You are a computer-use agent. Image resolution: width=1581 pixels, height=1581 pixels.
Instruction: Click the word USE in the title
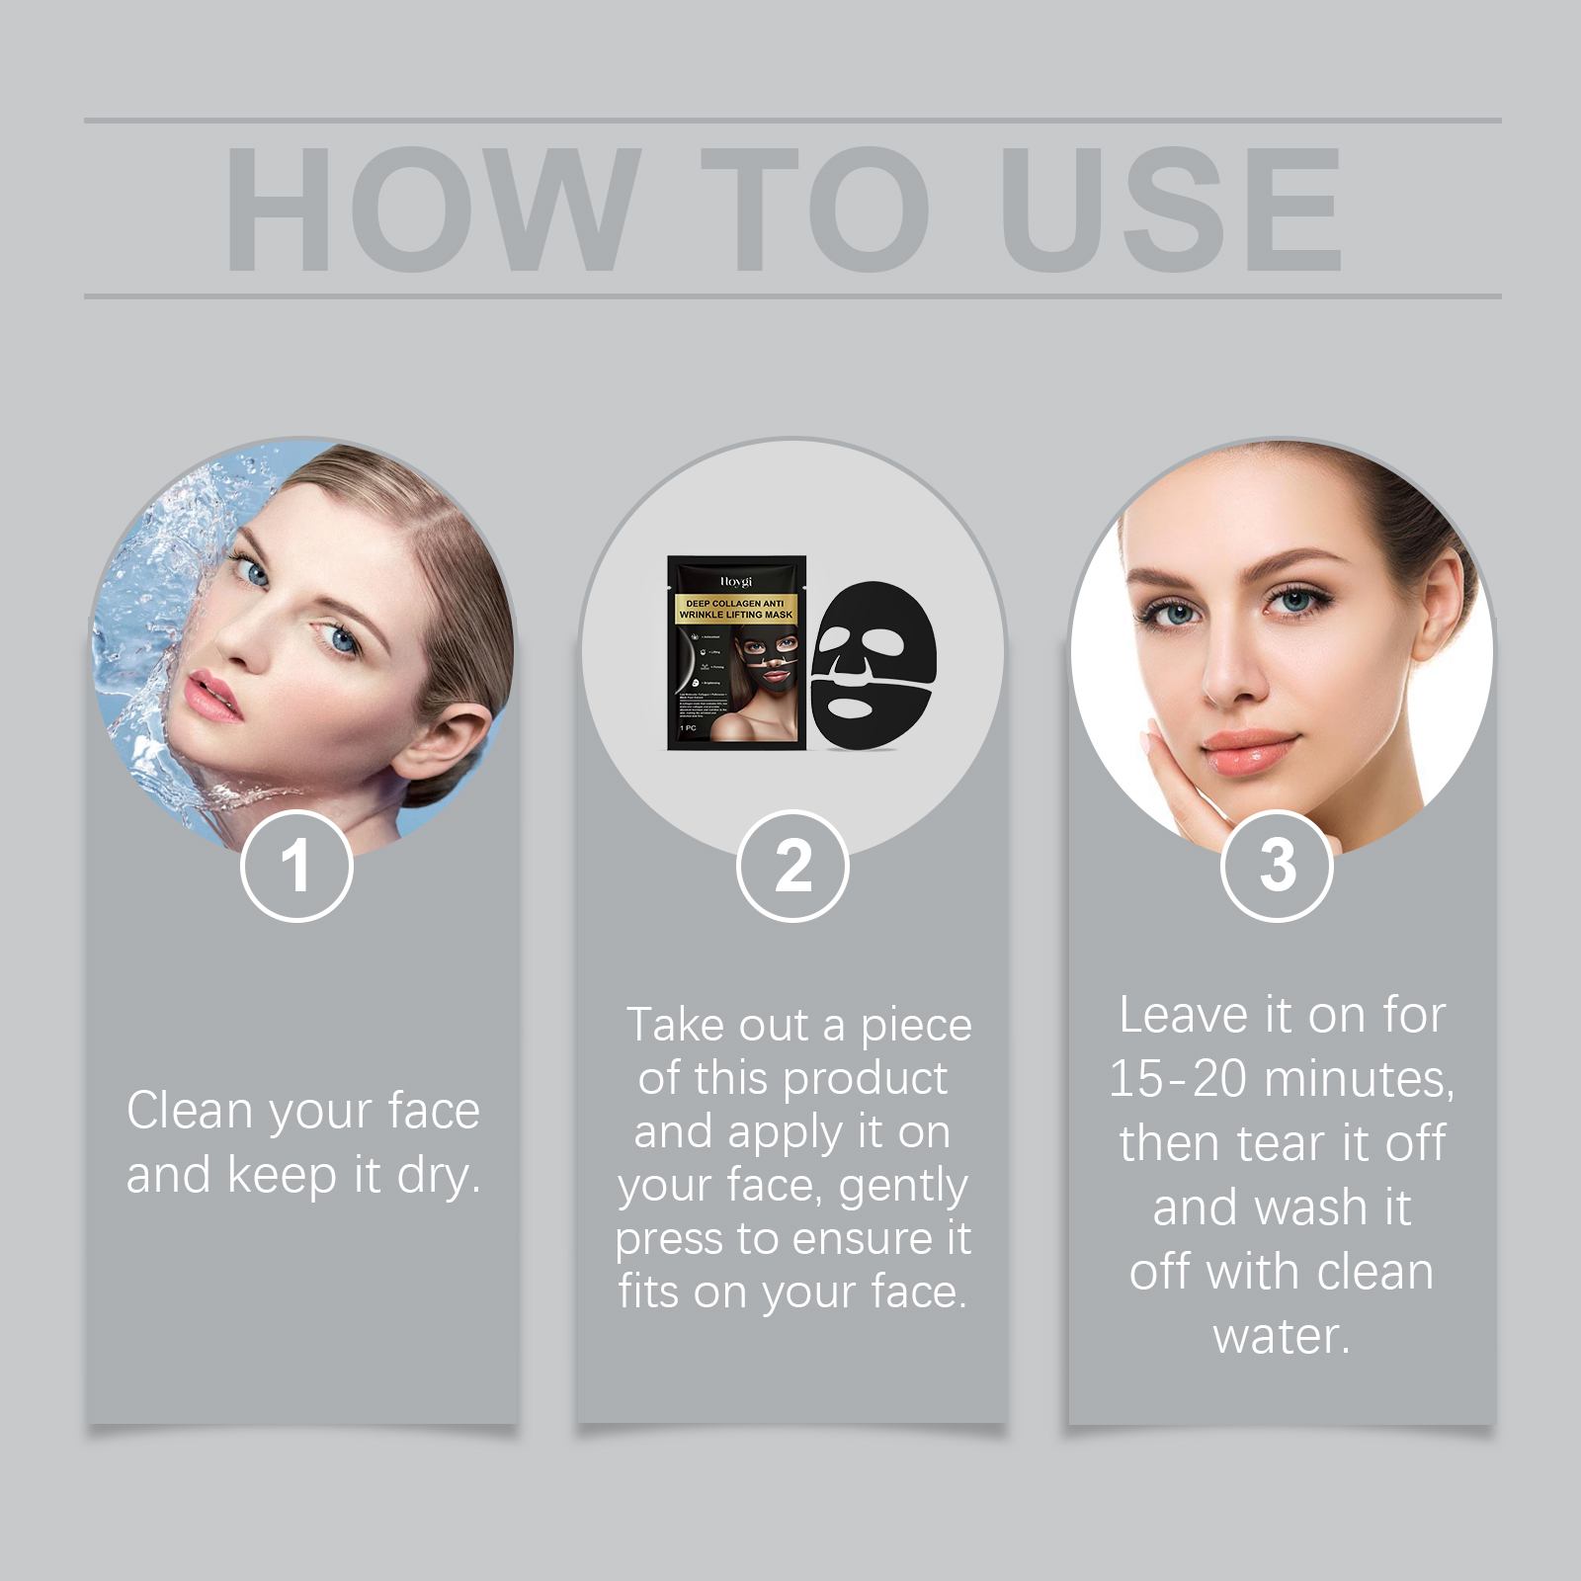pos(1171,209)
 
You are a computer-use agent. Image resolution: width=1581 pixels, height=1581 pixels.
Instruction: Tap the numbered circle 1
pos(296,867)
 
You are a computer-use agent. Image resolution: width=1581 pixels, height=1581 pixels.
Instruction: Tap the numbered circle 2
pos(792,867)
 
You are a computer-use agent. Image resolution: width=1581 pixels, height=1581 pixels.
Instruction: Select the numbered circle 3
pos(1277,867)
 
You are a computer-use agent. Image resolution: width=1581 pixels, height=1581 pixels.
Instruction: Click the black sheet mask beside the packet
pos(873,664)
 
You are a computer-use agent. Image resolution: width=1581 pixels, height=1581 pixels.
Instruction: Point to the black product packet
pos(736,653)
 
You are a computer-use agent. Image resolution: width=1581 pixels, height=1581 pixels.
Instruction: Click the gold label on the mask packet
pos(736,609)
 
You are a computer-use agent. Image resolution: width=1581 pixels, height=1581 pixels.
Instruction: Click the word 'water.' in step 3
pos(1282,1336)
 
